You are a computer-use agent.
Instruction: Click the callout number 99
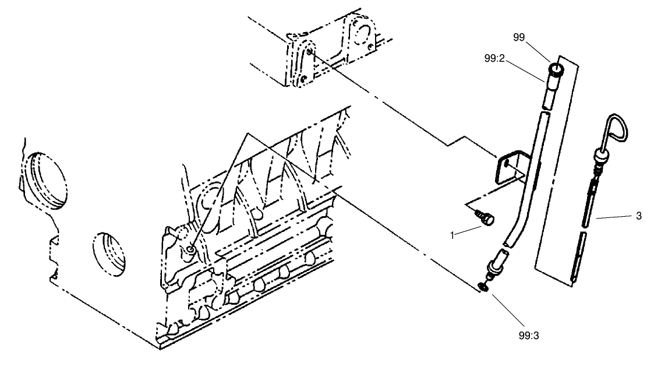click(x=519, y=37)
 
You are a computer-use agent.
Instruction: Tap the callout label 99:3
click(x=531, y=335)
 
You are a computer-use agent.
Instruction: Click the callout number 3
click(x=639, y=216)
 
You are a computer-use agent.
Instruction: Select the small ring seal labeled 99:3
click(x=483, y=286)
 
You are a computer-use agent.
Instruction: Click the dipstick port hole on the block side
click(x=192, y=251)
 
